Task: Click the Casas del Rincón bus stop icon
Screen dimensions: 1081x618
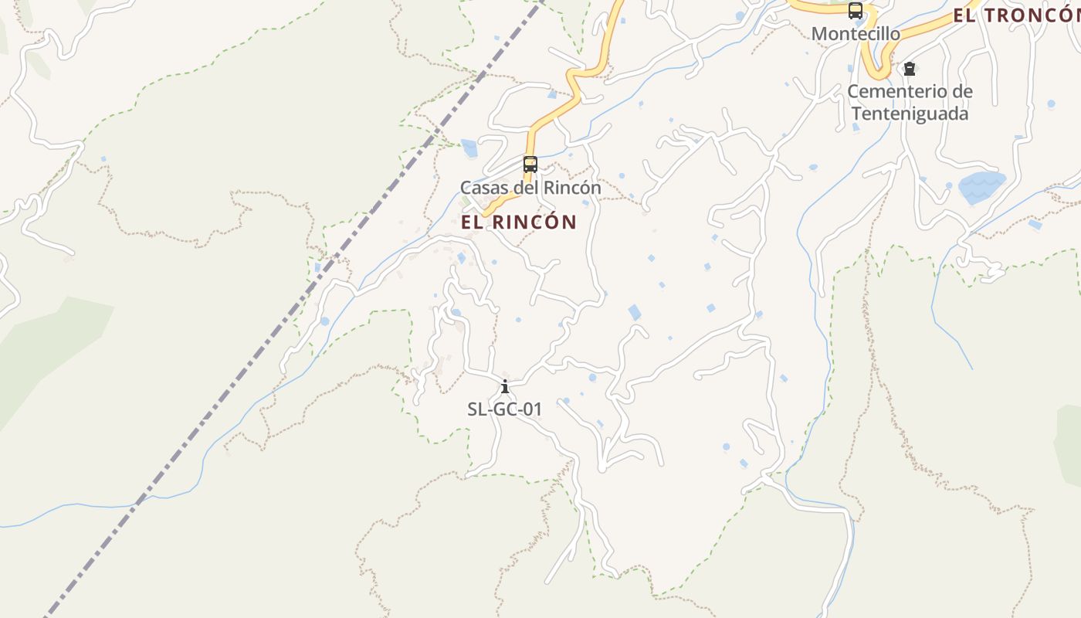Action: [530, 164]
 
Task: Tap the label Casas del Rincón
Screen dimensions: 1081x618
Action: [530, 188]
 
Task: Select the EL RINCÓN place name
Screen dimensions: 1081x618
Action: [519, 222]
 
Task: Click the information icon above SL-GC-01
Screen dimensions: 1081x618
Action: [505, 386]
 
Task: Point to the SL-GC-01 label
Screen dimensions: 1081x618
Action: [505, 409]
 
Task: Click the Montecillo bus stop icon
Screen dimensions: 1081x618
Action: [855, 11]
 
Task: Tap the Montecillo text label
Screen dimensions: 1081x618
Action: [856, 34]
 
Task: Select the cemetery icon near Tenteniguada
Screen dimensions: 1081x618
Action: [910, 70]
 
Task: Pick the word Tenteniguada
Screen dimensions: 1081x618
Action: [910, 114]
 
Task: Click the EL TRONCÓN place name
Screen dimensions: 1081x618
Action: [1015, 15]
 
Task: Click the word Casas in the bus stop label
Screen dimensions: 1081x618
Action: [483, 188]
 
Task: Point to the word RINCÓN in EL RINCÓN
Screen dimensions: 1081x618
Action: [534, 222]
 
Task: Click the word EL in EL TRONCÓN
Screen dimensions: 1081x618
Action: [964, 15]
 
